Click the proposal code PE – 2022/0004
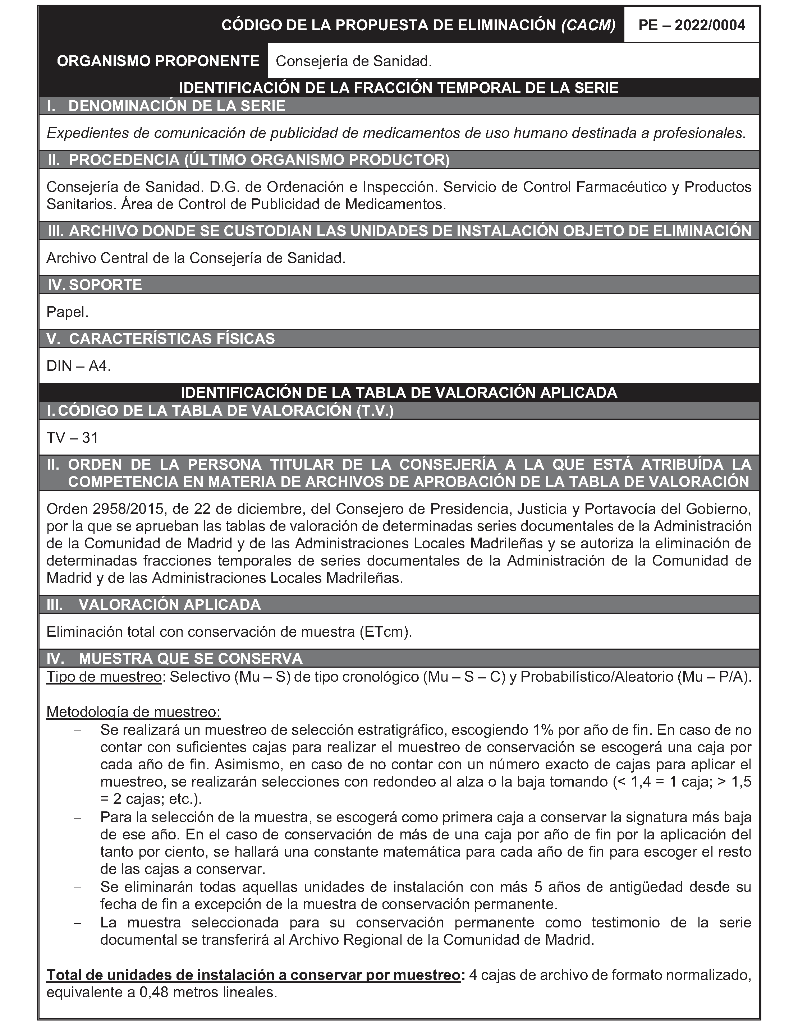click(692, 25)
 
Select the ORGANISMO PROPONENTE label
click(158, 61)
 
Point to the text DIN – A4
click(78, 366)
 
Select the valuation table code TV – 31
click(72, 438)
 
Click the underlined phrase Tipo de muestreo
click(104, 677)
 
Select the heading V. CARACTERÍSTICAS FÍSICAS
click(161, 339)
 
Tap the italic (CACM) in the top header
click(588, 25)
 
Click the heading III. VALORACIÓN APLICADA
click(153, 605)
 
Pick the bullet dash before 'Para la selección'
click(78, 817)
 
